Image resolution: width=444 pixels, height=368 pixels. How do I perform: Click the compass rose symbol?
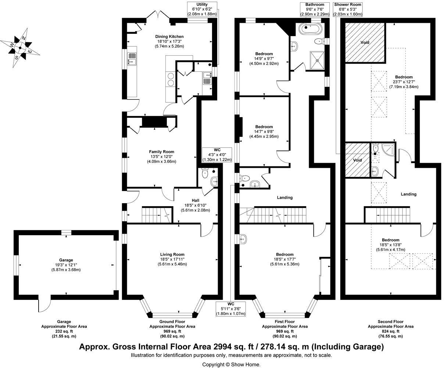click(x=21, y=47)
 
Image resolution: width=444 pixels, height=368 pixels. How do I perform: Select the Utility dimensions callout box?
click(x=202, y=9)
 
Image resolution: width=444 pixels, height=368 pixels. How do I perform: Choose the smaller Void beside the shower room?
click(x=357, y=160)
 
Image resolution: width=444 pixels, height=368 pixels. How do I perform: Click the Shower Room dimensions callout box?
click(x=348, y=9)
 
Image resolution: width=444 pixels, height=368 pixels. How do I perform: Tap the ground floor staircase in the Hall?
click(x=156, y=214)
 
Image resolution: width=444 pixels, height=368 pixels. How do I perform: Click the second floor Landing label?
click(x=408, y=194)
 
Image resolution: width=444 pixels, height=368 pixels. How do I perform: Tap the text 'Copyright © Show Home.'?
click(x=231, y=364)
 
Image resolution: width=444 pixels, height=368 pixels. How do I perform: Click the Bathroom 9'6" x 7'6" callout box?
click(x=314, y=9)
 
